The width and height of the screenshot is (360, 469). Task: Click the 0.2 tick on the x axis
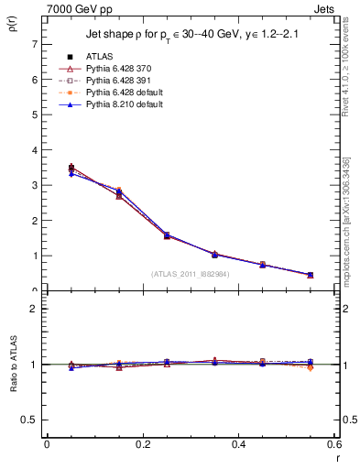coord(143,445)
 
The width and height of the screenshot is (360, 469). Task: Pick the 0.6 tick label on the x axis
coord(335,445)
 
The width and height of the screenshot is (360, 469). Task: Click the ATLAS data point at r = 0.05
coord(71,168)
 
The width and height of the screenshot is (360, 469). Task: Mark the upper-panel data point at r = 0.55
coord(311,275)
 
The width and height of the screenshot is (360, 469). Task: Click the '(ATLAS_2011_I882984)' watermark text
coord(191,273)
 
